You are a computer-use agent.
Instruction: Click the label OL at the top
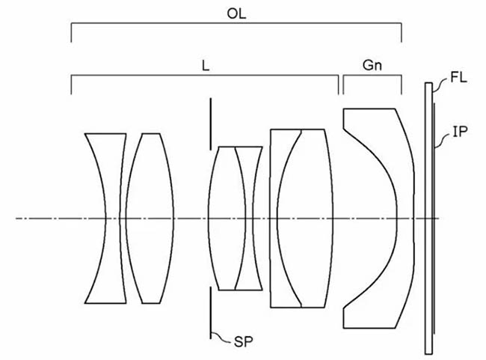click(x=236, y=13)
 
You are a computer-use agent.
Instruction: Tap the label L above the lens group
click(x=206, y=66)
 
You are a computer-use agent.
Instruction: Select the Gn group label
click(x=372, y=65)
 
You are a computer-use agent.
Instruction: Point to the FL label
click(x=458, y=77)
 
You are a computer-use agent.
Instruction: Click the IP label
click(x=460, y=132)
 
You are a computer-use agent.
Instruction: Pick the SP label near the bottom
click(x=243, y=342)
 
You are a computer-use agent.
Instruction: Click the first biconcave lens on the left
click(x=106, y=219)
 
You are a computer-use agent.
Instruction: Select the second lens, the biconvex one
click(x=150, y=219)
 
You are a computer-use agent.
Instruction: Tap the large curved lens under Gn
click(x=379, y=219)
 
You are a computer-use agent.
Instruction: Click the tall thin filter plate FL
click(x=428, y=219)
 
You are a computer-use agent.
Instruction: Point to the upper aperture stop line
click(x=210, y=124)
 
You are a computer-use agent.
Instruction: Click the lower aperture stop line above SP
click(x=210, y=312)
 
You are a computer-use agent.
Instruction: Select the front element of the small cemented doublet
click(x=227, y=219)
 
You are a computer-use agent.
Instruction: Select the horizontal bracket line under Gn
click(x=372, y=76)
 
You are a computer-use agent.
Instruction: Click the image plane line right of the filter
click(x=434, y=219)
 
